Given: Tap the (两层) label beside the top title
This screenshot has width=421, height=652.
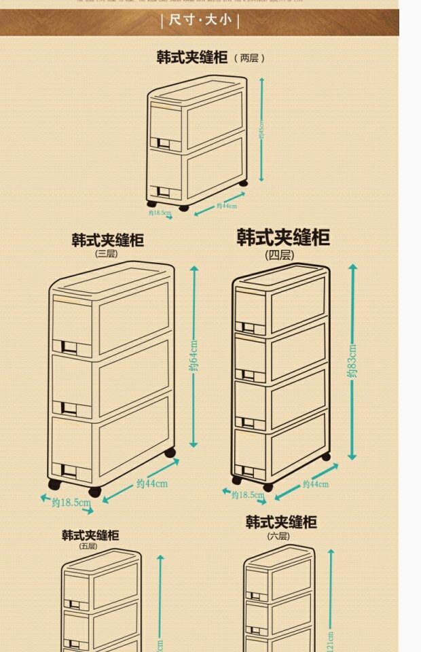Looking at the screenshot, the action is (249, 58).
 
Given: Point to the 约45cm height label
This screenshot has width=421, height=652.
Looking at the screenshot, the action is (261, 130).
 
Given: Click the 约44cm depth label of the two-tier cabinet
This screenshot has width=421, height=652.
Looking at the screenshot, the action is (226, 206).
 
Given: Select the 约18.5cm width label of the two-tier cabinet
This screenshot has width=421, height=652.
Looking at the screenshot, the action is (160, 213).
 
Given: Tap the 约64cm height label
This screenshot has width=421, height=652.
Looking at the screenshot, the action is (194, 357).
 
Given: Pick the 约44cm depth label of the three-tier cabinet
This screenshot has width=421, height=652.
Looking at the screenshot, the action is (151, 484).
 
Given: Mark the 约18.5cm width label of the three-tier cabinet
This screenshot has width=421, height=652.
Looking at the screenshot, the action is (71, 503).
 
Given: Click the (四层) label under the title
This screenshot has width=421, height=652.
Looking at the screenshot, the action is (279, 255).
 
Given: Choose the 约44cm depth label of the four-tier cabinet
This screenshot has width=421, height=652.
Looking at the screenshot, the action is (315, 484).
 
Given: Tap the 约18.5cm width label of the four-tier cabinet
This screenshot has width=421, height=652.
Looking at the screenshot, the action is (247, 495).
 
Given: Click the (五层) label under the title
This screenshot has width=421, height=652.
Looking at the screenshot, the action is (88, 546).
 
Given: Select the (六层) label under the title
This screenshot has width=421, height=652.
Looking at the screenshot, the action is (278, 536).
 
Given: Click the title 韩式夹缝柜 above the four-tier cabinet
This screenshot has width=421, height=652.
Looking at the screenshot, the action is (283, 237).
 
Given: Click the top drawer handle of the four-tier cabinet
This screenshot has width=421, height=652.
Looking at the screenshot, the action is (249, 329).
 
